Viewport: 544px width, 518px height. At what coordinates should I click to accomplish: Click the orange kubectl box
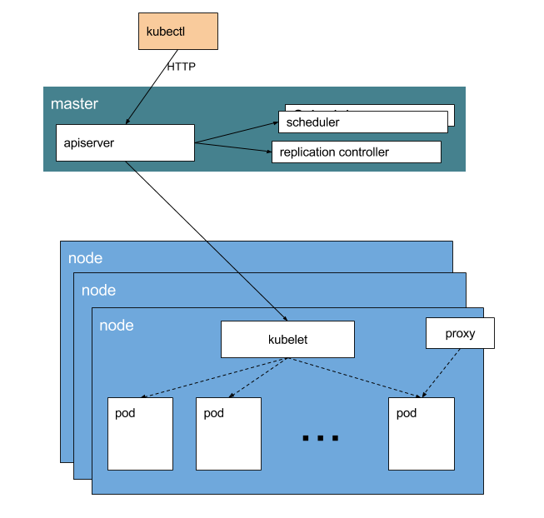(x=177, y=31)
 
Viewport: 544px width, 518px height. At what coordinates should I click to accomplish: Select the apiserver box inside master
(x=125, y=142)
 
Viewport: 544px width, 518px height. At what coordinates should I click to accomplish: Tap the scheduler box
(x=362, y=122)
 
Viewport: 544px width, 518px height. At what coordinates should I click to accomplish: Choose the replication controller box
(x=356, y=152)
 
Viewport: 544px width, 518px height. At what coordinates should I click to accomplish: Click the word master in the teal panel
(x=74, y=104)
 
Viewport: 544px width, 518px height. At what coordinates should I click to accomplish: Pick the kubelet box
(x=287, y=340)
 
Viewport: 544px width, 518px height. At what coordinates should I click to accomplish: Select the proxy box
(x=460, y=333)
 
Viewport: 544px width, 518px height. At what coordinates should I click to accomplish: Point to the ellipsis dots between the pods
(x=321, y=437)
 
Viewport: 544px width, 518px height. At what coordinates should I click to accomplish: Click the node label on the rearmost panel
(x=85, y=258)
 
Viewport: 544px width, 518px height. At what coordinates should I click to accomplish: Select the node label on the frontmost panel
(x=116, y=326)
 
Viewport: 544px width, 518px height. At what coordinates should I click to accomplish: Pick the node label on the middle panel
(x=98, y=291)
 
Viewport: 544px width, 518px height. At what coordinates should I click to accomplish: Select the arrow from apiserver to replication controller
(x=233, y=147)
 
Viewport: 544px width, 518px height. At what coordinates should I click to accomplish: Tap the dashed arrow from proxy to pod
(x=442, y=372)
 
